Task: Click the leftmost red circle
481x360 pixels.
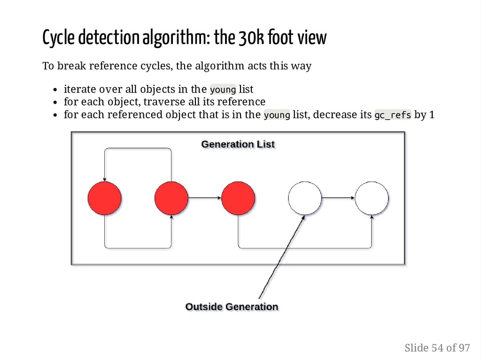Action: [x=104, y=198]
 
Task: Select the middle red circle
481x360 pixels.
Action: [x=171, y=198]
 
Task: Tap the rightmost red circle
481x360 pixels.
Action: [x=238, y=198]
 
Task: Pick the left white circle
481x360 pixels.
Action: [x=305, y=198]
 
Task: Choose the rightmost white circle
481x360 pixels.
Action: [x=372, y=198]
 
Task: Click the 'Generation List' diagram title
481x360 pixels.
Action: [x=238, y=144]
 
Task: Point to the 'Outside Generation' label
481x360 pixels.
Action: [x=232, y=307]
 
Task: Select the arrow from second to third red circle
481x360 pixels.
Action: [x=204, y=198]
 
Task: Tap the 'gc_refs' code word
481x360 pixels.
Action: [x=393, y=115]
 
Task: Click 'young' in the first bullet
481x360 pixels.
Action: [x=223, y=89]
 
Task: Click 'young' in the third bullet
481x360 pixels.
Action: [x=277, y=115]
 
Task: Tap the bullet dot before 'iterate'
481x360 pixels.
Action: [x=55, y=90]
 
